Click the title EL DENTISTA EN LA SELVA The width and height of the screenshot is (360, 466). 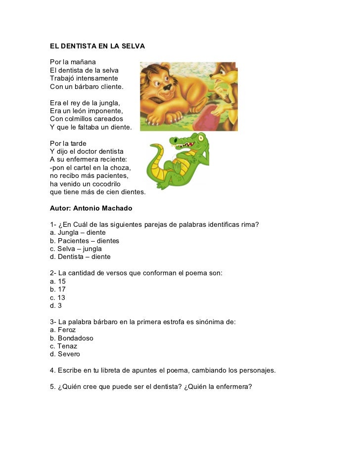click(x=97, y=46)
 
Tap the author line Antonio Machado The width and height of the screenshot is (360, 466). click(x=91, y=208)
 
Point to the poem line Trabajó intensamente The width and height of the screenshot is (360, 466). click(x=84, y=79)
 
